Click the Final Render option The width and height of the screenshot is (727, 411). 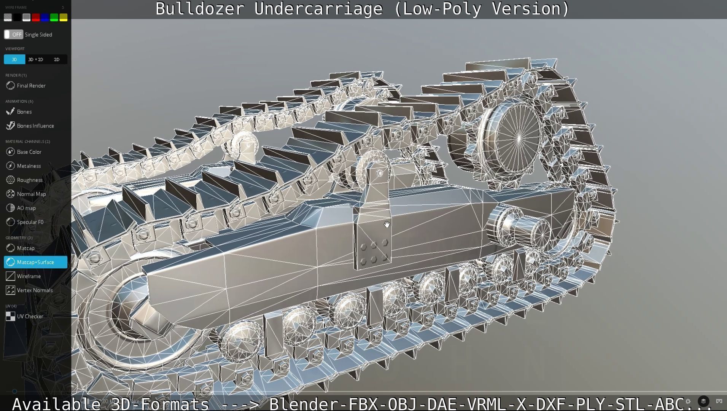click(x=31, y=86)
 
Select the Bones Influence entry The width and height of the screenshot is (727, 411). click(x=35, y=126)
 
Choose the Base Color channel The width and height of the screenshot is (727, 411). click(x=29, y=152)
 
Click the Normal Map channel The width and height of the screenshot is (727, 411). click(x=31, y=194)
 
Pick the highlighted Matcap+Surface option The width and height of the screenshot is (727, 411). click(x=35, y=262)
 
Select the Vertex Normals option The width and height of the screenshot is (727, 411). click(x=35, y=290)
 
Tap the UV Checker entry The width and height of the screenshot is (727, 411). click(x=30, y=317)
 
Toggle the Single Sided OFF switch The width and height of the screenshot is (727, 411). click(x=14, y=35)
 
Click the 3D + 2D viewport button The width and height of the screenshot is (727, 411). click(x=36, y=59)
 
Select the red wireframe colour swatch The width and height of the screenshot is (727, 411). click(x=36, y=18)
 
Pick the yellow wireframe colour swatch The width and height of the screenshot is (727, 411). click(x=64, y=18)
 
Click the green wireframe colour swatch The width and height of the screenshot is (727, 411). click(x=54, y=18)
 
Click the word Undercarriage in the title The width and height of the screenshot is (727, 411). click(x=318, y=9)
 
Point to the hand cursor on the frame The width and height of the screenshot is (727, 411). click(x=387, y=225)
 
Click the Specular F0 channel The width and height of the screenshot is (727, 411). click(x=30, y=222)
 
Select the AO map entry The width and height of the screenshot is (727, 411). click(x=26, y=208)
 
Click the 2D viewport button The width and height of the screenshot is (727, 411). click(x=57, y=59)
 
